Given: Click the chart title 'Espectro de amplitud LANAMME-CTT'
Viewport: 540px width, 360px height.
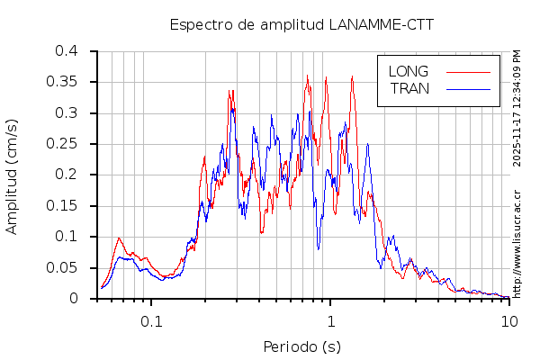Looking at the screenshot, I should click(301, 24).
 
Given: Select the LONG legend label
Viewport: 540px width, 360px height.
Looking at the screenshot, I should click(408, 71).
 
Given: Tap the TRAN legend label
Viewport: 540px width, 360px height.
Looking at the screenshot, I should click(409, 88).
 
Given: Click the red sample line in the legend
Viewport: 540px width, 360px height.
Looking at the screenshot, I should click(468, 71).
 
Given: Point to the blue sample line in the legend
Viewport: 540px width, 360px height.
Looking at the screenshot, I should click(468, 88).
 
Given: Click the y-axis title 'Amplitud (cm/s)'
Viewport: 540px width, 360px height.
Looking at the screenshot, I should click(12, 175).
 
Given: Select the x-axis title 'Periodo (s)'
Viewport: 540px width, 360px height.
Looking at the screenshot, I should click(301, 346).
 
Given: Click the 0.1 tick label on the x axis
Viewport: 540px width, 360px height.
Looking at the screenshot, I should click(151, 321).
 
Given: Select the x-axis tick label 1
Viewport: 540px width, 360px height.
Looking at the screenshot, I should click(331, 321).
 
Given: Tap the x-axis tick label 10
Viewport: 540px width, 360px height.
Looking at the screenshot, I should click(509, 321).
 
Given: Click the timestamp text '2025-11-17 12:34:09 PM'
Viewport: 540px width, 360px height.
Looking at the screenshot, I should click(517, 108).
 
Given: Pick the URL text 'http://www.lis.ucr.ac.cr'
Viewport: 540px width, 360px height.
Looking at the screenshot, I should click(517, 243).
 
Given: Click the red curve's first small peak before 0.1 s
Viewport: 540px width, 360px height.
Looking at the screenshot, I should click(119, 238).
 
